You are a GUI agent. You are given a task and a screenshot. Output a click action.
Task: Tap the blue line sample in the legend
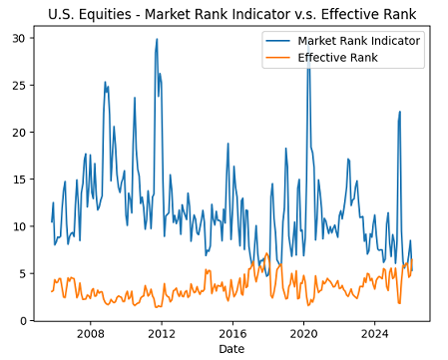coord(277,41)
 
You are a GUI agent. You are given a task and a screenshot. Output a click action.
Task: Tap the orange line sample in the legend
coord(277,58)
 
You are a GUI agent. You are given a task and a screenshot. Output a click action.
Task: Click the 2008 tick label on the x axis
coord(91,336)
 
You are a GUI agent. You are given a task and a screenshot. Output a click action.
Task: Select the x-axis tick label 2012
coord(162,336)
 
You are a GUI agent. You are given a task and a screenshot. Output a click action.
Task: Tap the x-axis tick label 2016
coord(232,336)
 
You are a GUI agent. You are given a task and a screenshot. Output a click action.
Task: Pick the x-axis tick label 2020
coord(303,336)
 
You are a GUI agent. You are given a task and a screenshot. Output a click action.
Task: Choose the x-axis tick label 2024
coord(374,336)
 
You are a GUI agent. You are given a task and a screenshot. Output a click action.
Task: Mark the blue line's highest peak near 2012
coord(157,40)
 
